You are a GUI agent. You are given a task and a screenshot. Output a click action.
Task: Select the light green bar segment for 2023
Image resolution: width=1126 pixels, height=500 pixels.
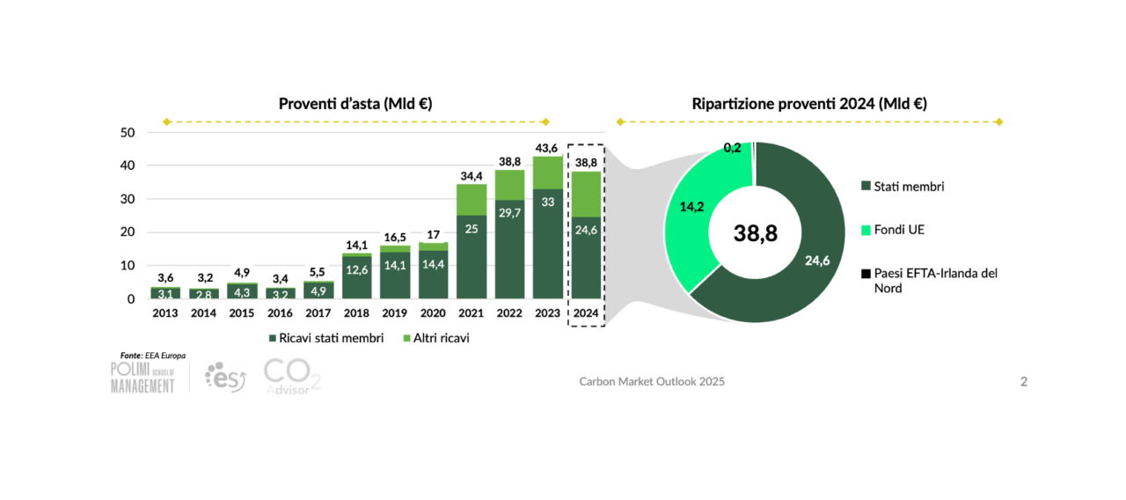pyautogui.click(x=549, y=173)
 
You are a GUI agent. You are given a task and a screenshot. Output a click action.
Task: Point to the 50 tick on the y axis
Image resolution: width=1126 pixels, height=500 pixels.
pyautogui.click(x=128, y=133)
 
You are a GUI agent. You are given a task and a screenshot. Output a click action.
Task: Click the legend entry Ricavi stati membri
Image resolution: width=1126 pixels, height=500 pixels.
pyautogui.click(x=325, y=338)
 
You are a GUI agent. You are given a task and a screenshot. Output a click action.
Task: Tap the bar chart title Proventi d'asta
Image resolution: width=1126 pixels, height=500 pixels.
pyautogui.click(x=355, y=104)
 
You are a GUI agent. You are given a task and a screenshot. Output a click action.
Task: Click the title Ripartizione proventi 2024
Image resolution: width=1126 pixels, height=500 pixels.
pyautogui.click(x=809, y=104)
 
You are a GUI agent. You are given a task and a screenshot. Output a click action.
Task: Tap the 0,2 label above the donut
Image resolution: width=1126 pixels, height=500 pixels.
pyautogui.click(x=732, y=148)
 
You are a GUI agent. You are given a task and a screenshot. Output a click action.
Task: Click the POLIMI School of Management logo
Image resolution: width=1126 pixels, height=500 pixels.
pyautogui.click(x=143, y=377)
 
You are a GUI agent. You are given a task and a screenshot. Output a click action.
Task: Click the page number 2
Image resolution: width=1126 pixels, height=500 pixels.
pyautogui.click(x=1024, y=381)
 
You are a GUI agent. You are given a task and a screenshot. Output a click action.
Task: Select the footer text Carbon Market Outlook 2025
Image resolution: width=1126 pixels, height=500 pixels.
pyautogui.click(x=652, y=381)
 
